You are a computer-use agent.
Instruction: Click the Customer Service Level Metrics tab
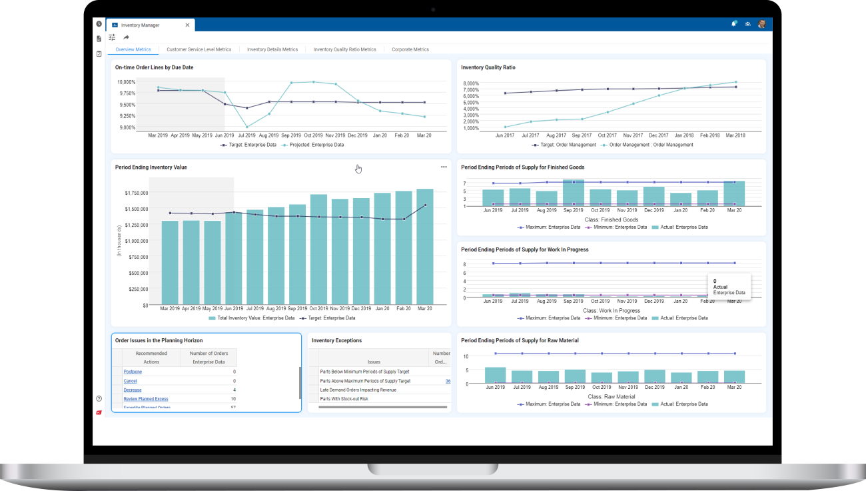[x=199, y=49]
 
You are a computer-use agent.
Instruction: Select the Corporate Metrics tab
[x=410, y=49]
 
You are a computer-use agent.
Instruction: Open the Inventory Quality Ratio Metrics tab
[x=344, y=49]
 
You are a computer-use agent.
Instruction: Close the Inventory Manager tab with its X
[x=188, y=25]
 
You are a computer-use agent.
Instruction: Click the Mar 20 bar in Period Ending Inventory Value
[x=425, y=247]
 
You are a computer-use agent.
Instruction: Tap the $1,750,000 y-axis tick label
[x=137, y=193]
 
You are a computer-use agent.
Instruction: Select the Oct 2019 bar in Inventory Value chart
[x=318, y=250]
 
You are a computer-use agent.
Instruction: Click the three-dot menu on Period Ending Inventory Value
[x=444, y=167]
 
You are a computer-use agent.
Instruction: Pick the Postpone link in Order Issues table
[x=133, y=372]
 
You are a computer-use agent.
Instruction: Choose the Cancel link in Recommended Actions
[x=130, y=381]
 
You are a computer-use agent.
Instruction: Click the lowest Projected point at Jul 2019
[x=246, y=127]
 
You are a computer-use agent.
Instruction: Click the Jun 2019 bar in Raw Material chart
[x=495, y=376]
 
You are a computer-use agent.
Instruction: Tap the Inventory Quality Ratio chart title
[x=488, y=67]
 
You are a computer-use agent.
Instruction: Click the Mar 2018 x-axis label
[x=735, y=135]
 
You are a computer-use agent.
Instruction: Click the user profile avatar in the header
[x=761, y=24]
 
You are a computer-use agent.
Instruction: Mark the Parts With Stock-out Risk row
[x=344, y=399]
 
